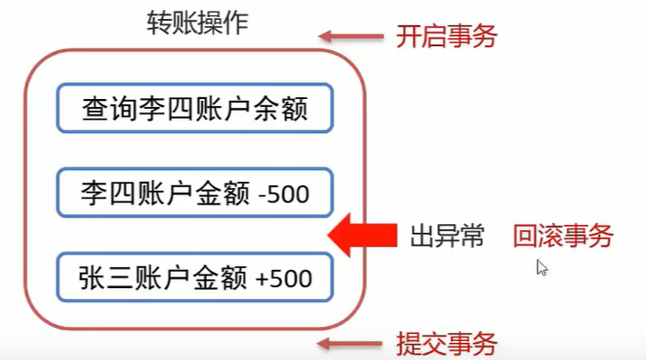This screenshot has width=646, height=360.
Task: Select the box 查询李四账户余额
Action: [195, 110]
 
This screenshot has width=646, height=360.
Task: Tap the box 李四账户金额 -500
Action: [195, 193]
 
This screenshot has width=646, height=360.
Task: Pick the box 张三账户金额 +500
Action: [195, 276]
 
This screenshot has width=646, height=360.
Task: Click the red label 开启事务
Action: [446, 37]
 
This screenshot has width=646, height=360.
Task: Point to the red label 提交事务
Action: [446, 343]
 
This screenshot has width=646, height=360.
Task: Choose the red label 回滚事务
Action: [563, 237]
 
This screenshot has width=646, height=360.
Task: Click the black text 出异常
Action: [447, 237]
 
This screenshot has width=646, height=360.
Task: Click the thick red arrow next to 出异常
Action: [363, 237]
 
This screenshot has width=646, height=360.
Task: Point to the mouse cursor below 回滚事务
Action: [542, 266]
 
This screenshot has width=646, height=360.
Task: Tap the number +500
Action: [283, 277]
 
